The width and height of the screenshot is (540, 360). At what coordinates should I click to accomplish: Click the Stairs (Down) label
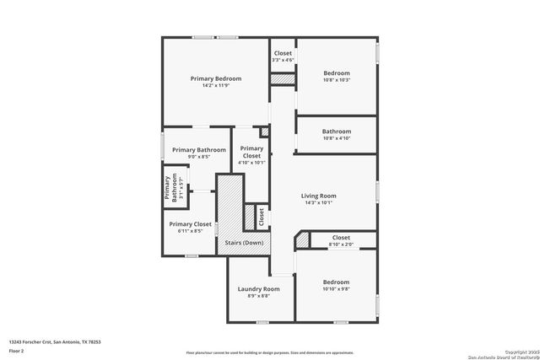click(x=244, y=243)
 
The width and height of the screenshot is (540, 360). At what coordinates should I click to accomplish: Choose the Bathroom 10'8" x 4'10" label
click(x=336, y=132)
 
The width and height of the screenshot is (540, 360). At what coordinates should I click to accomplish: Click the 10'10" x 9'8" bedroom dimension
click(x=336, y=289)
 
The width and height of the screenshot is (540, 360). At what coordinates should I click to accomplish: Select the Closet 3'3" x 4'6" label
click(x=283, y=53)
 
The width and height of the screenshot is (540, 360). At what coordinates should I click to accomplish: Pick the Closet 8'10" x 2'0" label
click(x=341, y=238)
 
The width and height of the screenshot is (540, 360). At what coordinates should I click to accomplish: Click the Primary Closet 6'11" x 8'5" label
click(x=191, y=224)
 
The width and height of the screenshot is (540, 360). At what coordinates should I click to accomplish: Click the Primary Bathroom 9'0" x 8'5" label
click(x=199, y=150)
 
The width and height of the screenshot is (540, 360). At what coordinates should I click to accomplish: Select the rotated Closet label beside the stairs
click(x=262, y=216)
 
